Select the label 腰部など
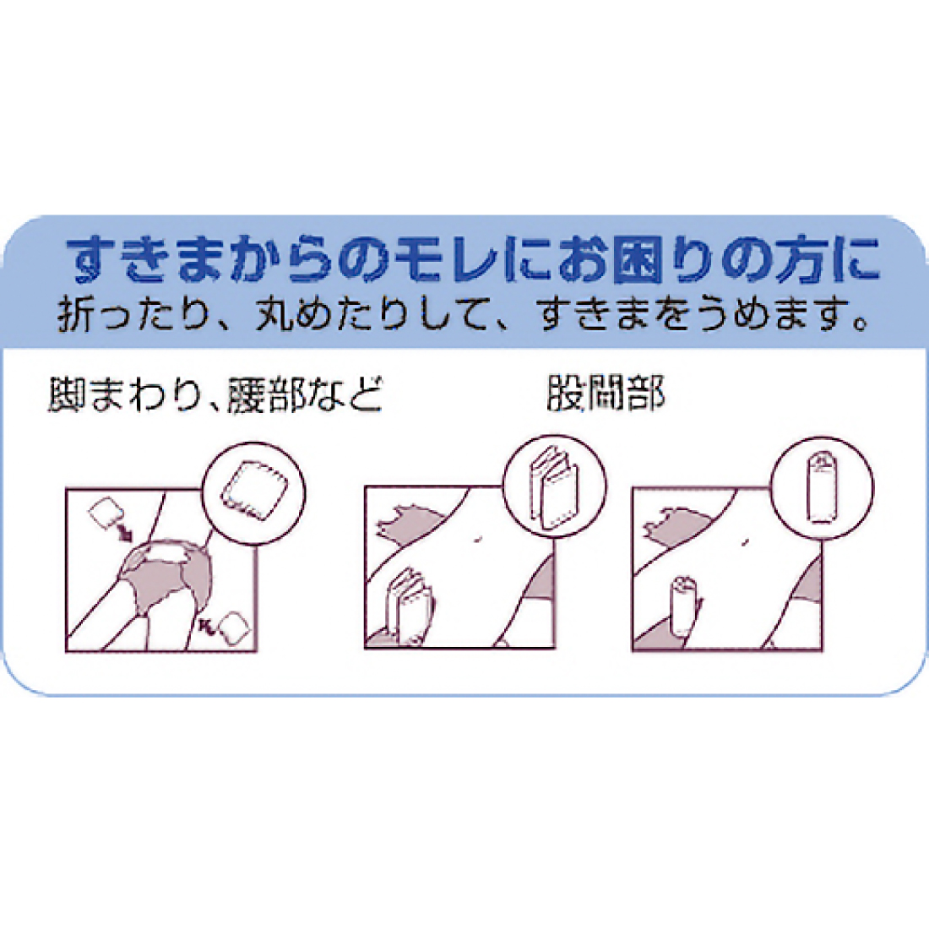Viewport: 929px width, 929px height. tap(302, 394)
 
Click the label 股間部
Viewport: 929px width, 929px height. tap(605, 393)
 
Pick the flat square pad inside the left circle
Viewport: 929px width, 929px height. tap(254, 491)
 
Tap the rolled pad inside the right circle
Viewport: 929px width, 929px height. tap(823, 487)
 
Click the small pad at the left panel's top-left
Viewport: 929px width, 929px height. tap(105, 513)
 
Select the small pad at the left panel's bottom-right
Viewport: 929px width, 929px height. tap(231, 626)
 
